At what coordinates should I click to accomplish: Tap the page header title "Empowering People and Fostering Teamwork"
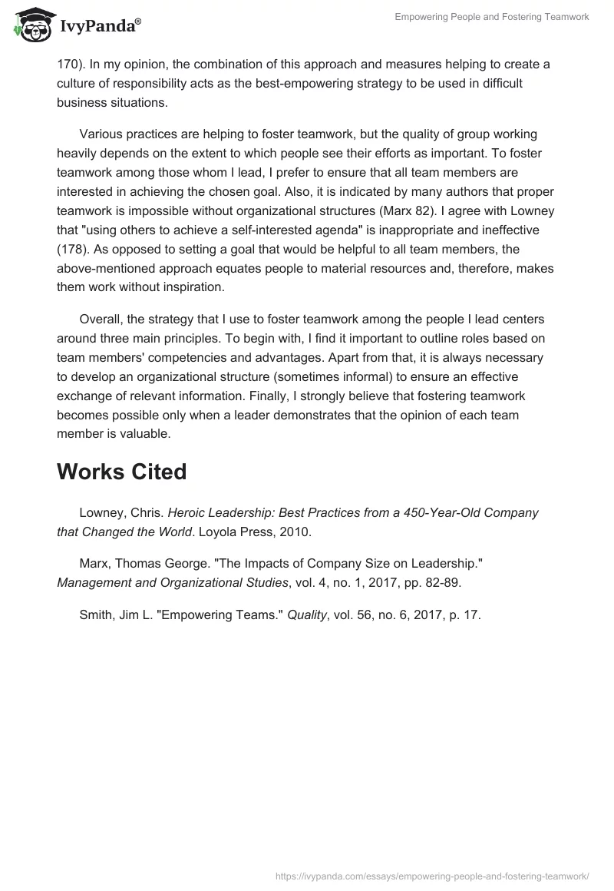coord(492,17)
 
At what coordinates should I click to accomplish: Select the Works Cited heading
coord(121,472)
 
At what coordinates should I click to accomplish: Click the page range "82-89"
coord(441,582)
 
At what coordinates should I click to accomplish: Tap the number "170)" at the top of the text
coord(70,65)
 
